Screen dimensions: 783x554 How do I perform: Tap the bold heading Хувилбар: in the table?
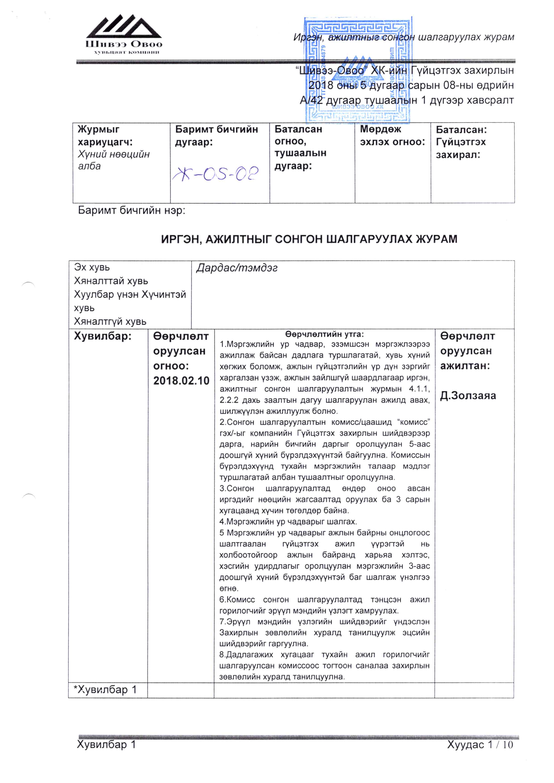(103, 336)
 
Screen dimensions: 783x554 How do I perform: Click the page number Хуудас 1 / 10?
(480, 744)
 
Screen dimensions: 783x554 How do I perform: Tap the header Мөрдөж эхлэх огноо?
(392, 135)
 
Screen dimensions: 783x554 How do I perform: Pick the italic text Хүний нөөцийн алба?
(114, 160)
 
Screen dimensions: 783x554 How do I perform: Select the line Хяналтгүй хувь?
(110, 321)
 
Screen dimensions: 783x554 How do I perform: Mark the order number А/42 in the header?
(312, 100)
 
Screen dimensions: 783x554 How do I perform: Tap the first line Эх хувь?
(92, 268)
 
